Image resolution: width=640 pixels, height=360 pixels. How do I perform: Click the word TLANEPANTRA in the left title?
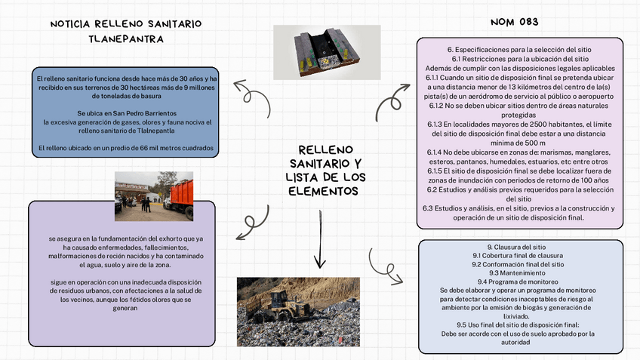coord(126,38)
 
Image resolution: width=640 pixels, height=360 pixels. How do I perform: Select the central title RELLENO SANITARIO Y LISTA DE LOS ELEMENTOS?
coord(325,170)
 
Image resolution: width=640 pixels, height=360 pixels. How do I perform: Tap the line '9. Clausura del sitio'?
coord(519,247)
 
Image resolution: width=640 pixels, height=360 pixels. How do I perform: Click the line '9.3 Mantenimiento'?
coord(519,272)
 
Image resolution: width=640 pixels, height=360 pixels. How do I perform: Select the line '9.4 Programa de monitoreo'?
coord(519,282)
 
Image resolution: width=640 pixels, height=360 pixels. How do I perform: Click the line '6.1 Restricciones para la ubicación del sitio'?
coord(520,59)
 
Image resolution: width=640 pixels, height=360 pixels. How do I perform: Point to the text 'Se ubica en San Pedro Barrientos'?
coord(126,112)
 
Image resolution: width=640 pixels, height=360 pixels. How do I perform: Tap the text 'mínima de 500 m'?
coord(520,143)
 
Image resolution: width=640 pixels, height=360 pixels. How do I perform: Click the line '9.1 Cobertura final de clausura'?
coord(519,256)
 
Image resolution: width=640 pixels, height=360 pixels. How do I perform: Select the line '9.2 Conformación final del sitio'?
coord(519,264)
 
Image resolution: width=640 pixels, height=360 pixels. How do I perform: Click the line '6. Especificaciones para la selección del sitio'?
coord(520,50)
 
